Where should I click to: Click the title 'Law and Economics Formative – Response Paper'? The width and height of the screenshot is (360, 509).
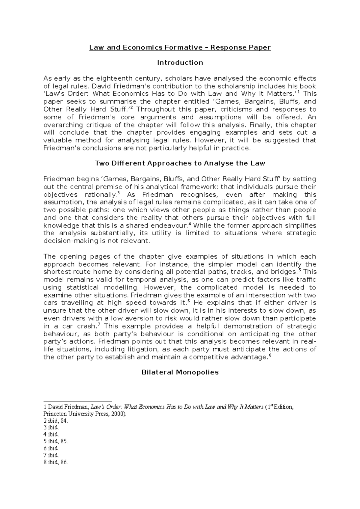point(180,47)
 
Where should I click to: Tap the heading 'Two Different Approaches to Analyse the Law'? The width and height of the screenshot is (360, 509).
point(180,163)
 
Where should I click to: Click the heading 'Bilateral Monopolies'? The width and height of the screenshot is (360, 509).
point(180,372)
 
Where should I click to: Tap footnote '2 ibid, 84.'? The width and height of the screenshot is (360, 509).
point(56,421)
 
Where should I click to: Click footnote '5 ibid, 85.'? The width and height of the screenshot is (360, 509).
point(56,442)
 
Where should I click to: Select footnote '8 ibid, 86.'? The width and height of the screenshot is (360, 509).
point(56,462)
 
